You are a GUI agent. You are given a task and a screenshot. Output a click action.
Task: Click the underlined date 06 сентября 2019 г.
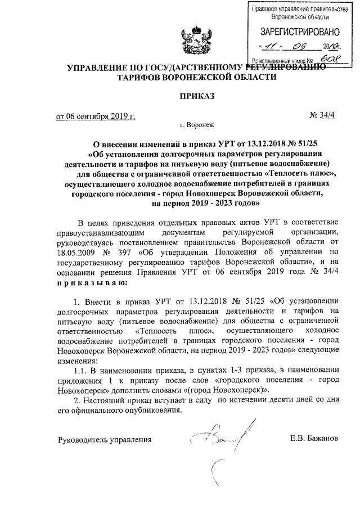pos(96,116)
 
